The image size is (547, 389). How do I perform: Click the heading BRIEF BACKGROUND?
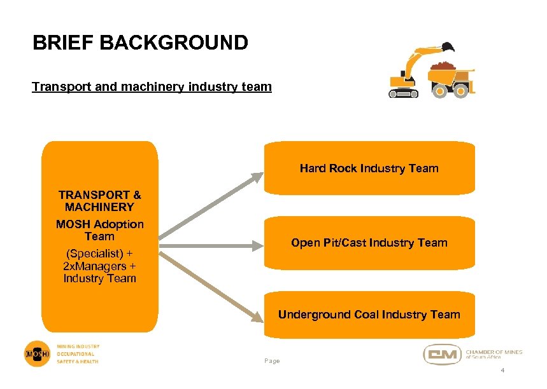pyautogui.click(x=140, y=43)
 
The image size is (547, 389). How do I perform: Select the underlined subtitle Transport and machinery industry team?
pyautogui.click(x=152, y=86)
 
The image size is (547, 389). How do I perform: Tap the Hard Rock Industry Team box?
pyautogui.click(x=369, y=168)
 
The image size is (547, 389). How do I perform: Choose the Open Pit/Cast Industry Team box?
pyautogui.click(x=369, y=243)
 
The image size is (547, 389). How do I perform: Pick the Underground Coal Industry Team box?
pyautogui.click(x=369, y=315)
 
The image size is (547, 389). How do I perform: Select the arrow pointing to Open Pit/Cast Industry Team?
pyautogui.click(x=210, y=243)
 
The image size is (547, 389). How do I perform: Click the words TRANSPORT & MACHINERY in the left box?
pyautogui.click(x=99, y=201)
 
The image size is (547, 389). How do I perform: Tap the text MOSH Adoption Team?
pyautogui.click(x=99, y=230)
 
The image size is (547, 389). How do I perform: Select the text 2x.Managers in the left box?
pyautogui.click(x=96, y=266)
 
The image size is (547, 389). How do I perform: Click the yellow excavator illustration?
pyautogui.click(x=411, y=73)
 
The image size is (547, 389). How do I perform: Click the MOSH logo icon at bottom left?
pyautogui.click(x=37, y=353)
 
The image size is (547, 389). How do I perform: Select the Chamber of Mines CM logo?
pyautogui.click(x=442, y=354)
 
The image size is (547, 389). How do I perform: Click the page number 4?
pyautogui.click(x=502, y=371)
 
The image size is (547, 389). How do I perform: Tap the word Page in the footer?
pyautogui.click(x=272, y=361)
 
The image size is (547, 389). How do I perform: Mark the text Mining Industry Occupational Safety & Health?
pyautogui.click(x=78, y=354)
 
